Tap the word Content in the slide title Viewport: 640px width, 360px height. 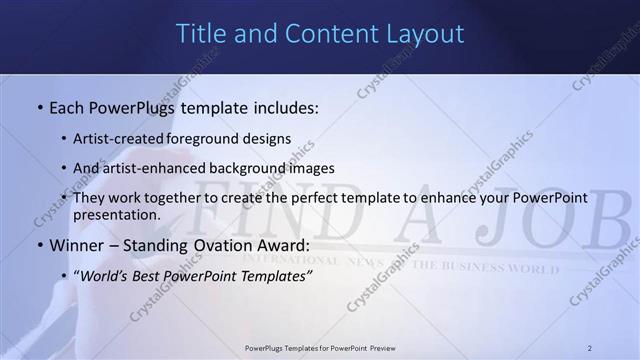(328, 33)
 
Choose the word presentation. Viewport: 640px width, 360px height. (116, 215)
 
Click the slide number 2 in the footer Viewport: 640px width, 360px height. (590, 348)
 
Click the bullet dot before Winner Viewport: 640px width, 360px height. (39, 245)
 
